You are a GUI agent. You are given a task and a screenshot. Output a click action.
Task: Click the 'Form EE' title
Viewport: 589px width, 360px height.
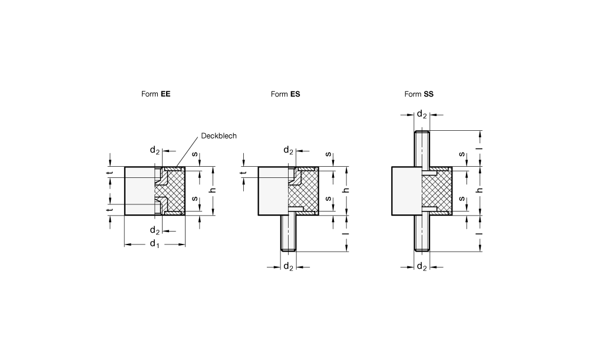(x=155, y=94)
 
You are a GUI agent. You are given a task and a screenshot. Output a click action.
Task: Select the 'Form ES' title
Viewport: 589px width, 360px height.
(x=285, y=94)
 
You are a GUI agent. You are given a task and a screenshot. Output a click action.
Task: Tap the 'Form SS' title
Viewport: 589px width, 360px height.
(x=419, y=94)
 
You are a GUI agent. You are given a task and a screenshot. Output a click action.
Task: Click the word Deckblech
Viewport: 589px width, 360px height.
(x=219, y=136)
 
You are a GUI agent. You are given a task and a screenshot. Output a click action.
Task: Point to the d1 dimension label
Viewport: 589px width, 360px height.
(x=154, y=244)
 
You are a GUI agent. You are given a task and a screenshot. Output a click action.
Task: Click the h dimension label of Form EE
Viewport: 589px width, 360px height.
(x=213, y=190)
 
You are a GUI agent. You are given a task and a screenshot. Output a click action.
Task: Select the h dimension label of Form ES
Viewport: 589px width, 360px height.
(x=346, y=190)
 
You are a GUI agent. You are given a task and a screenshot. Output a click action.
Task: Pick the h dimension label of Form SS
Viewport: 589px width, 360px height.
(x=479, y=190)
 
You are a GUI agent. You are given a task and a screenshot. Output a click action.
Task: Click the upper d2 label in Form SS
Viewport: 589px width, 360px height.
(x=422, y=114)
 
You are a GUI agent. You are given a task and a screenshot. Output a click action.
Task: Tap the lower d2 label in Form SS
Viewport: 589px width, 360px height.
(x=422, y=267)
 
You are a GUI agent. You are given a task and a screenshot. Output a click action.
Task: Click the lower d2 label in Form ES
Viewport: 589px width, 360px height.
(x=288, y=267)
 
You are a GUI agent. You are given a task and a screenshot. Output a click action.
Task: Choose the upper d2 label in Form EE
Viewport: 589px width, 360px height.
(x=155, y=150)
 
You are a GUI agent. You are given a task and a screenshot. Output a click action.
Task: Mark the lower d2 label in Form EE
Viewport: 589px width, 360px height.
(x=155, y=230)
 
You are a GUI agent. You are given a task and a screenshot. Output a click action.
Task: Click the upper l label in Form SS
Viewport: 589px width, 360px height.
(x=479, y=148)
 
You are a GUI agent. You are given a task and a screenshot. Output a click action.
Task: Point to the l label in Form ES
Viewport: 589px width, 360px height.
(x=346, y=233)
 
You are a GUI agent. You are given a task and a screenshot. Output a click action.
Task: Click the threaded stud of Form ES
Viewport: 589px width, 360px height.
(x=289, y=233)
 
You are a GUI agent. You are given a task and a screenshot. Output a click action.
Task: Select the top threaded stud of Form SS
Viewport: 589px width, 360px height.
(x=422, y=148)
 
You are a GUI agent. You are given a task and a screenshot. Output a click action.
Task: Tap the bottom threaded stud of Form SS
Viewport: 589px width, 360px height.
(x=422, y=233)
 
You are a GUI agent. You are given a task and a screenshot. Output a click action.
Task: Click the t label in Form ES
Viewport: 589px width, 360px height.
(x=243, y=173)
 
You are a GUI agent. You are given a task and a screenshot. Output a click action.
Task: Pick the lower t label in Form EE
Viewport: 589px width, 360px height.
(x=110, y=210)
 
